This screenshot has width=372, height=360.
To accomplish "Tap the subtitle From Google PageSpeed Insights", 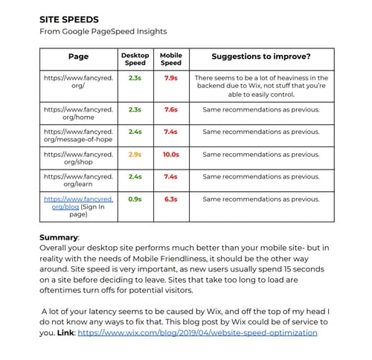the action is point(103,32).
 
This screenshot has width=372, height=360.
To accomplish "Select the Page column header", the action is point(78,57).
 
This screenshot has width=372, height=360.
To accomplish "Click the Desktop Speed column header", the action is point(135,59).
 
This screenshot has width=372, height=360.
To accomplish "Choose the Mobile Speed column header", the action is point(170,59).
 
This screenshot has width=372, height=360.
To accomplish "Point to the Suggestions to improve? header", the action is point(261,57).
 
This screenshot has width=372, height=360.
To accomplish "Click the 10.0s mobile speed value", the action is point(170,155).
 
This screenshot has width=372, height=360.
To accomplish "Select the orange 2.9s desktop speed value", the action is point(135,155).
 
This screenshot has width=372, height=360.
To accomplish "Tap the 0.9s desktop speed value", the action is point(135,199).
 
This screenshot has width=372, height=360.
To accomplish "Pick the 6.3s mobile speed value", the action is point(170,199).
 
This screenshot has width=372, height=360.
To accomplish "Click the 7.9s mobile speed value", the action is point(170,77).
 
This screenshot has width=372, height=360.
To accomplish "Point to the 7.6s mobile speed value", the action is point(170,109).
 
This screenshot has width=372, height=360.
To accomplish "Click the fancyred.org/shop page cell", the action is point(78,159).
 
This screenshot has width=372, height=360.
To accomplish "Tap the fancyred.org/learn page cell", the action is point(78,181).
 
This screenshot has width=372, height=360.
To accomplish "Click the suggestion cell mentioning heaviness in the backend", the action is point(261,86).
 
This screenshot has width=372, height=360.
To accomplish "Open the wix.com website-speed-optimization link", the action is point(197,332).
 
